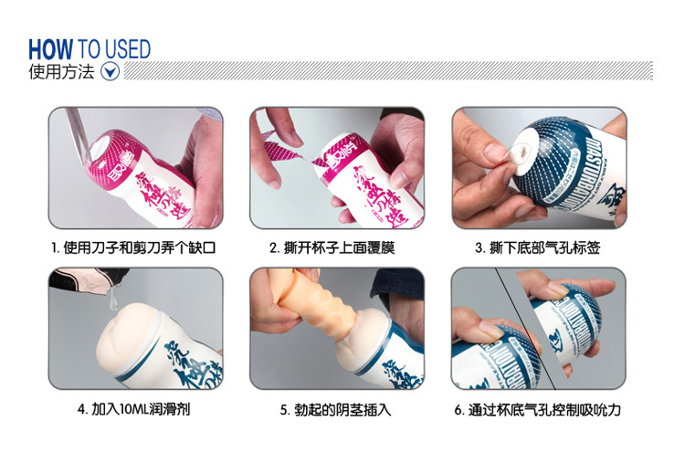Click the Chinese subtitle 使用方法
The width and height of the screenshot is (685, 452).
click(61, 71)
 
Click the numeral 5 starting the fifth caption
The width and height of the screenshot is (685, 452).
click(284, 410)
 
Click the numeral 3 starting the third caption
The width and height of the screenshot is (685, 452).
click(479, 247)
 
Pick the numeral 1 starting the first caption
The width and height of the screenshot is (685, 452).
click(54, 247)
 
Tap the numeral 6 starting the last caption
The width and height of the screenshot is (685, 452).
click(458, 410)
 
